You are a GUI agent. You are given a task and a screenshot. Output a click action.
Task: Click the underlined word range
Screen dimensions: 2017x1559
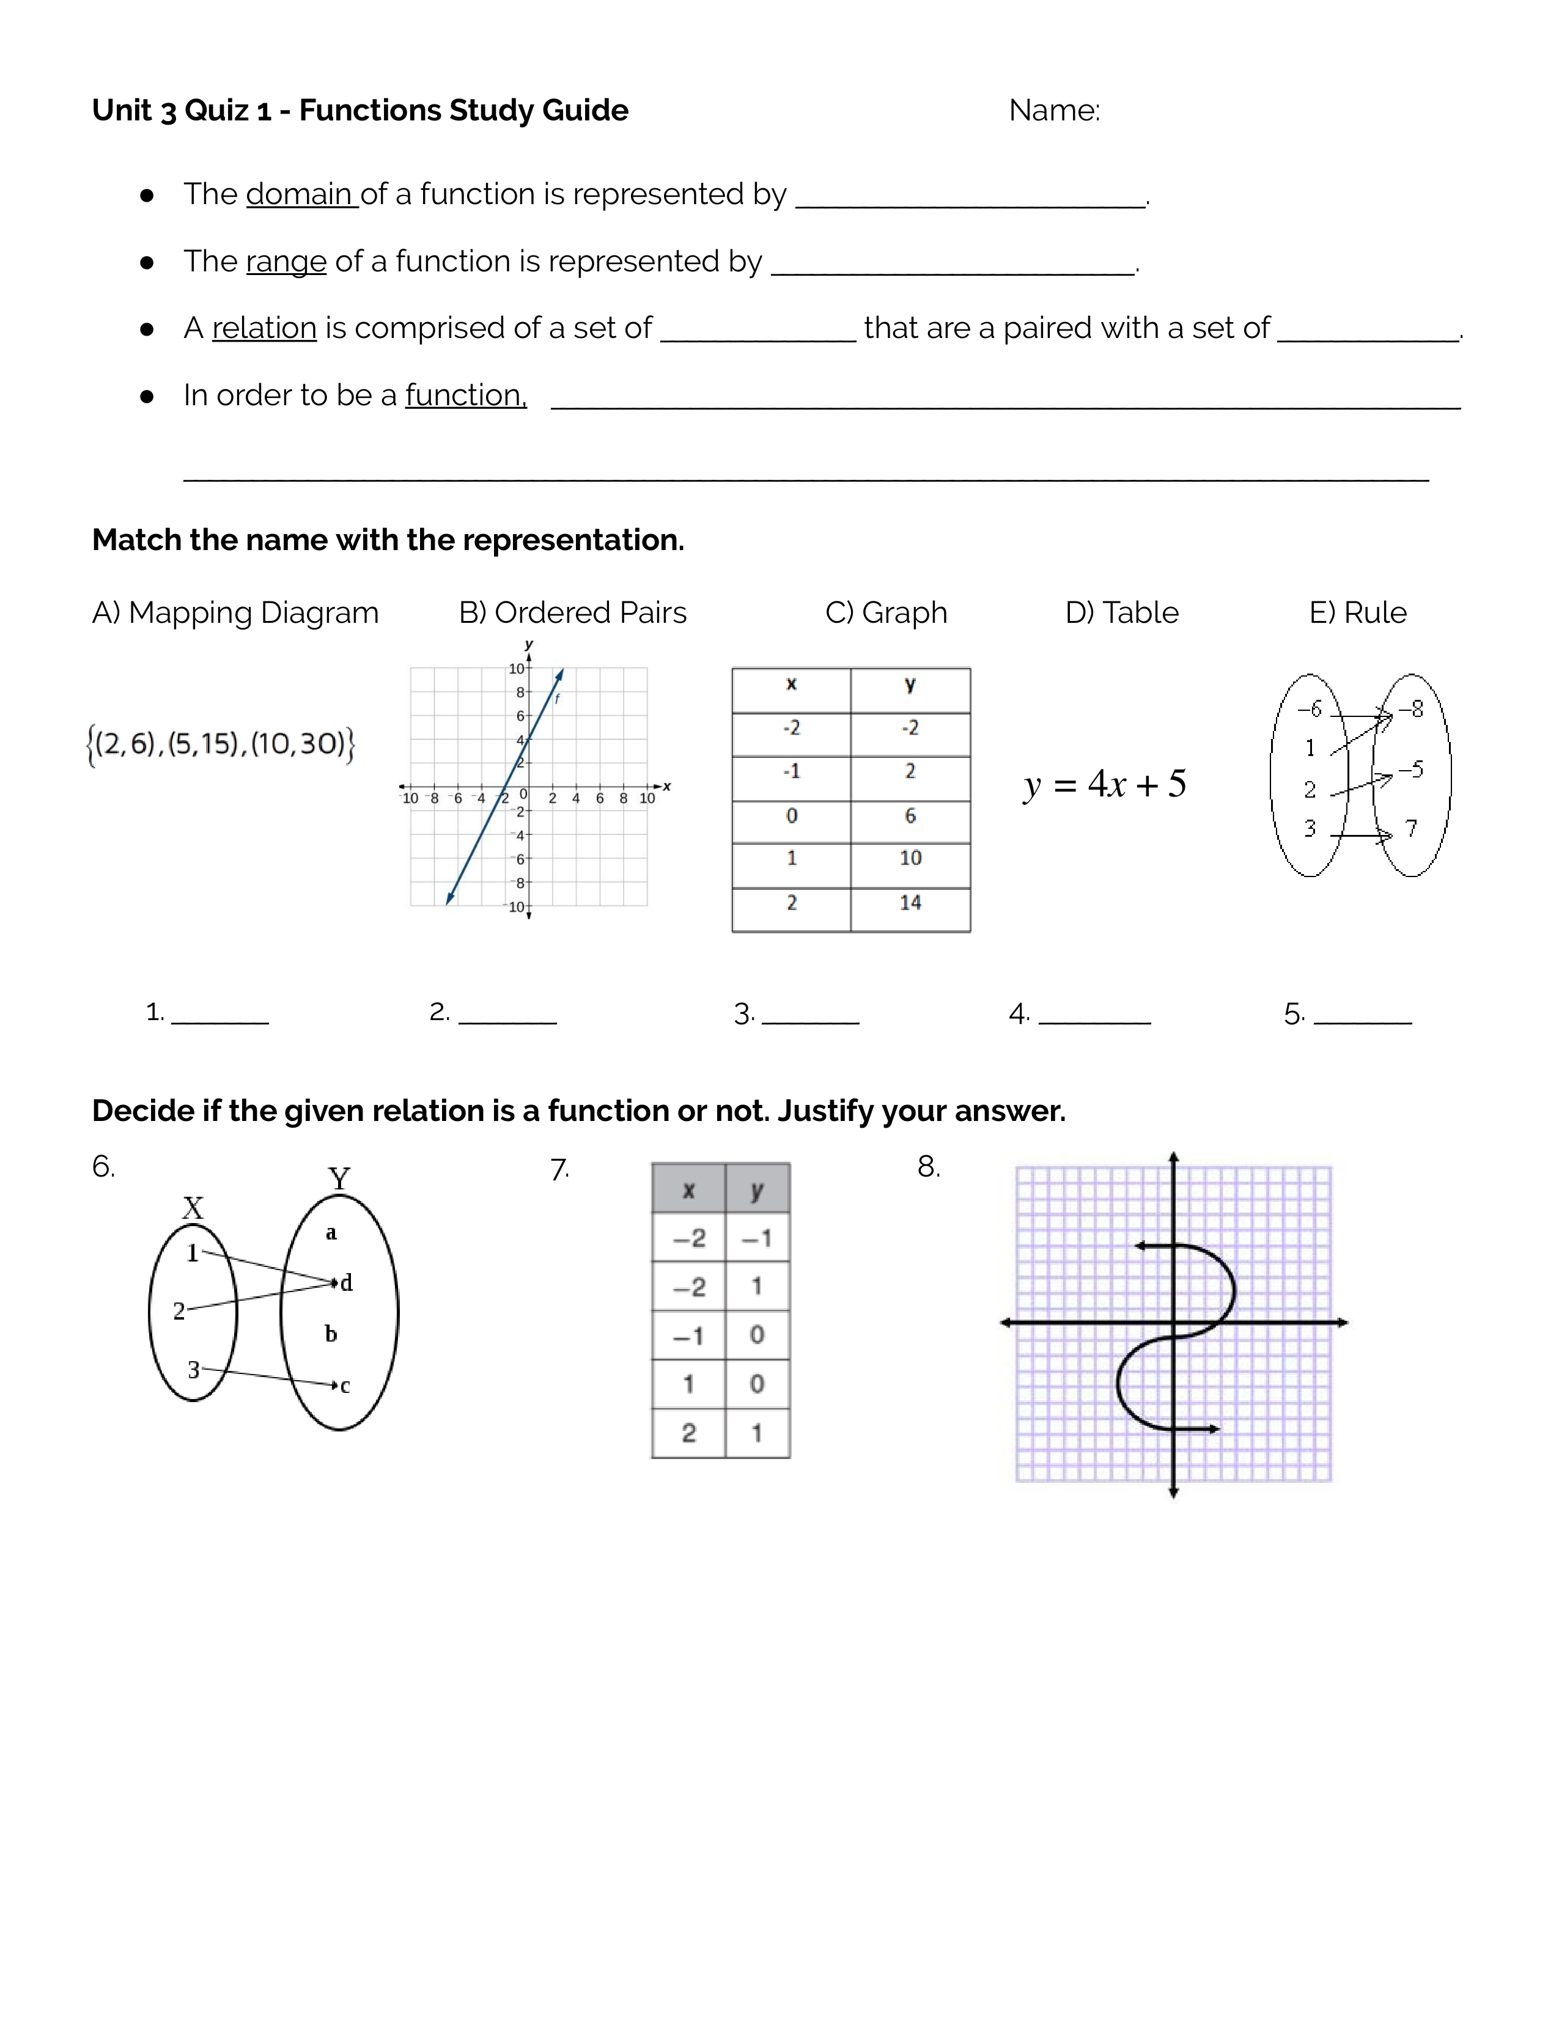(286, 262)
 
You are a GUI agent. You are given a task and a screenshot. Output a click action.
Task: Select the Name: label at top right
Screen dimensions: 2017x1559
(1054, 111)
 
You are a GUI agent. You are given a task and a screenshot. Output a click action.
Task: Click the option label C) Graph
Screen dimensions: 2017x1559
(886, 612)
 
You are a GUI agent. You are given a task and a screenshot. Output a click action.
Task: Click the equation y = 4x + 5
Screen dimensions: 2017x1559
(1105, 784)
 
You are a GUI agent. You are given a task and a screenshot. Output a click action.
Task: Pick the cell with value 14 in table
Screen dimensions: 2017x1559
(910, 902)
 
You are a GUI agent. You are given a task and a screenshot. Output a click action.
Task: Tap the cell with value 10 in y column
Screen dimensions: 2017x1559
(910, 858)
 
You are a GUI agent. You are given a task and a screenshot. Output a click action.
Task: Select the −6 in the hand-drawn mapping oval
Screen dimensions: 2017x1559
(1309, 709)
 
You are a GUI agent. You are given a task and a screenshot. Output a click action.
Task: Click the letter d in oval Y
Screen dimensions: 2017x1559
(346, 1283)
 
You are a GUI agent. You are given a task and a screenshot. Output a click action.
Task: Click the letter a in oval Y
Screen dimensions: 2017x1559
(331, 1233)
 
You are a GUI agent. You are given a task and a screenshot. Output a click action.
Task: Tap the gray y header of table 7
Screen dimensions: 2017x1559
(756, 1189)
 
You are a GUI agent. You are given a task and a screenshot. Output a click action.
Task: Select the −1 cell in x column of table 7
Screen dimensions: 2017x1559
(688, 1335)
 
